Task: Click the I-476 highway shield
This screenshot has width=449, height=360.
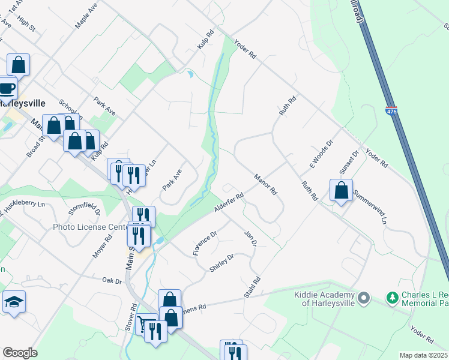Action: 391,112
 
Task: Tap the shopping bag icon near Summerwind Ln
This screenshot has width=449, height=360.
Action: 341,190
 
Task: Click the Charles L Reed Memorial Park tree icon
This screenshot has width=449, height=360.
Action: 392,298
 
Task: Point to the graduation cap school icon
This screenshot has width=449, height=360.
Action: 14,302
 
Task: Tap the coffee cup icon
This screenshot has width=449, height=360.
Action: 7,89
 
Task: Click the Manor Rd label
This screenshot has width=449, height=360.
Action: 265,184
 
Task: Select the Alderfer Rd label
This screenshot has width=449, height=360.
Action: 229,202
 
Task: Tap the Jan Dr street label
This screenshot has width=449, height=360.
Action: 250,238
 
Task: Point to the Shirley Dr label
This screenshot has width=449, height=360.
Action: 221,263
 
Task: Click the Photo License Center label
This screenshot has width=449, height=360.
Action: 90,227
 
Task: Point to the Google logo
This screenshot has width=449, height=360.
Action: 20,352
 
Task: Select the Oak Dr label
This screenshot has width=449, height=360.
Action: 112,280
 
